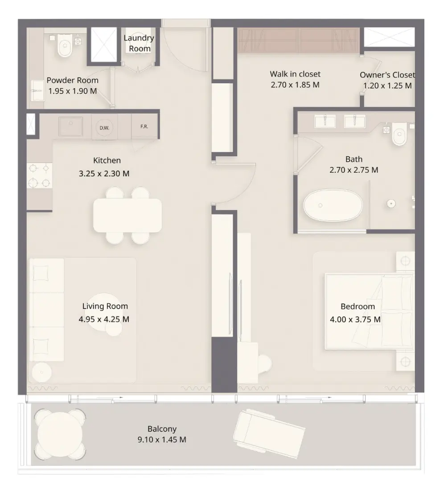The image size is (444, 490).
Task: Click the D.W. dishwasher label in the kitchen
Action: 104,128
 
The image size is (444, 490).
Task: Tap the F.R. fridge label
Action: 144,127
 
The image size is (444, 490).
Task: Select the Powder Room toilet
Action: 65,47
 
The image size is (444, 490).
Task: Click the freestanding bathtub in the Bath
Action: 333,205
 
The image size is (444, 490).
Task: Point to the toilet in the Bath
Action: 399,135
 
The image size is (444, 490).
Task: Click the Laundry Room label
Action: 139,43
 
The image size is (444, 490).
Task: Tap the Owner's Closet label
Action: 387,75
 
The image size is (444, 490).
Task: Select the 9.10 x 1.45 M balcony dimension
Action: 162,440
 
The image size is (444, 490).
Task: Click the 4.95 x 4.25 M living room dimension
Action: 104,319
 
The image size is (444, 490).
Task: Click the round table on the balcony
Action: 60,435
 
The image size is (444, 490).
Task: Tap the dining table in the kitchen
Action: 127,215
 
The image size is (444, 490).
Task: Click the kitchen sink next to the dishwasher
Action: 71,126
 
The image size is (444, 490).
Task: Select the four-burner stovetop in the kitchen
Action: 39,176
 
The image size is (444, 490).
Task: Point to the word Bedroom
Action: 358,306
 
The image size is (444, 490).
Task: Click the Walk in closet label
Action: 295,74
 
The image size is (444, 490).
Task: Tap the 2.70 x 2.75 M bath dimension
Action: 354,170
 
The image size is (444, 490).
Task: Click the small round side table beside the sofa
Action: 41,372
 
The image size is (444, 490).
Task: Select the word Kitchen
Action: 107,160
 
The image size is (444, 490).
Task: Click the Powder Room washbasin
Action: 37,90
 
